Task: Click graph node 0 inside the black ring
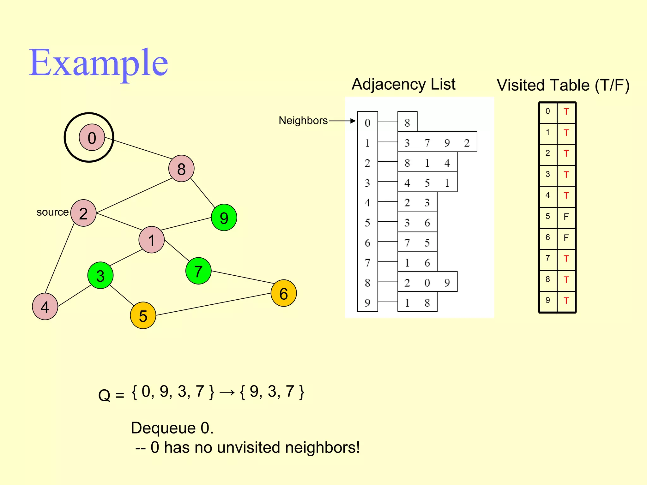coord(92,138)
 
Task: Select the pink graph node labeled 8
coord(181,169)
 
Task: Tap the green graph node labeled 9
coord(224,218)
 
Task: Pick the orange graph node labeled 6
coord(283,293)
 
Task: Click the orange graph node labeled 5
coord(143,315)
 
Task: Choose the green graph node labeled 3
coord(100,275)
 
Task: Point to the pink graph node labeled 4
coord(45,307)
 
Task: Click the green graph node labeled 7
coord(198,271)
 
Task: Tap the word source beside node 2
coord(52,212)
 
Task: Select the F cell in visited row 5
coord(566,217)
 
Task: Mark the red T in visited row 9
coord(566,301)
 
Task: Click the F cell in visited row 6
coord(566,237)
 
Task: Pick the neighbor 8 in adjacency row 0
coord(407,123)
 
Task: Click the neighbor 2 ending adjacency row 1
coord(467,143)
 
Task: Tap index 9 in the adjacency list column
coord(367,302)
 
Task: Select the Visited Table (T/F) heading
coord(563,85)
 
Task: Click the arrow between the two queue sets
coord(227,392)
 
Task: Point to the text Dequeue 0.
coord(172,428)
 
